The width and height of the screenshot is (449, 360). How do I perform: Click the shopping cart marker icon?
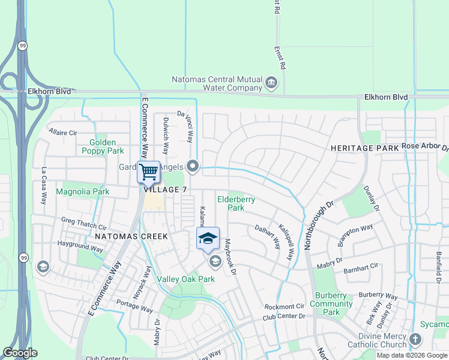[x=148, y=172]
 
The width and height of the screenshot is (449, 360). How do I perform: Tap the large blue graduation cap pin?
[x=208, y=239]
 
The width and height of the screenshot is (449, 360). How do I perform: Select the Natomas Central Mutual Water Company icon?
[x=271, y=82]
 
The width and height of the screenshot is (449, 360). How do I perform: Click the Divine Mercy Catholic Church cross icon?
[x=415, y=340]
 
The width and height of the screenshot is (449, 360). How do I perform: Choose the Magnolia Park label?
[x=82, y=192]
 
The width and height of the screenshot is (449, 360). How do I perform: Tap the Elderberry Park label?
[x=236, y=203]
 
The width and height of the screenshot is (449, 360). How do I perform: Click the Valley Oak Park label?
[x=185, y=279]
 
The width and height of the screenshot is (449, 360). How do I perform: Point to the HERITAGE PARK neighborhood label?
[x=364, y=148]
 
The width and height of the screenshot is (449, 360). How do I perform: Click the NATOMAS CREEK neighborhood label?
[x=131, y=236]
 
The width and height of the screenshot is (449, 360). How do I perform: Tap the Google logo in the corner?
[x=20, y=353]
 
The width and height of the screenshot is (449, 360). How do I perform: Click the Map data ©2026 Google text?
[x=412, y=355]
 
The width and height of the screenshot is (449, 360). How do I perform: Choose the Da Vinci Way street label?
[x=187, y=125]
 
